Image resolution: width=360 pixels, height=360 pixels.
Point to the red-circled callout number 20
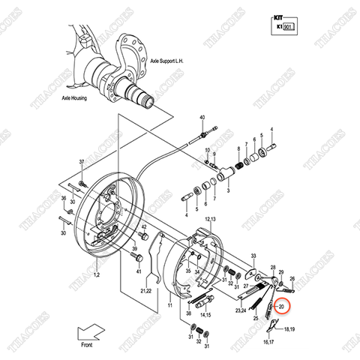[282, 306]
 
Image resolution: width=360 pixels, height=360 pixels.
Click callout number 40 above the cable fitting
[202, 119]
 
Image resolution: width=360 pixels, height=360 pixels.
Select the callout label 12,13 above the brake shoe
[208, 218]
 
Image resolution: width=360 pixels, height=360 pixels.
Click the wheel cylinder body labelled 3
[224, 175]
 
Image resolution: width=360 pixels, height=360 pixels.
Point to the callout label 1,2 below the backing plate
[96, 277]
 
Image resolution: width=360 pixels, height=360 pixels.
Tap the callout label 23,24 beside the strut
[240, 310]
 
